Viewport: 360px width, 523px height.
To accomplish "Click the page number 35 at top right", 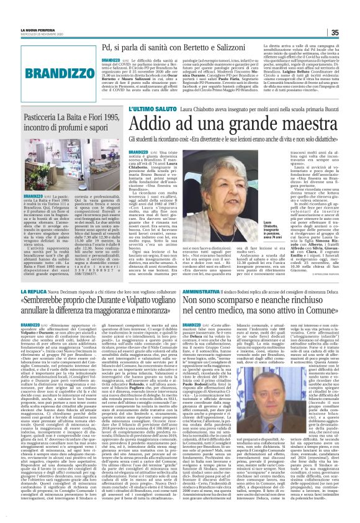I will [351, 33].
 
